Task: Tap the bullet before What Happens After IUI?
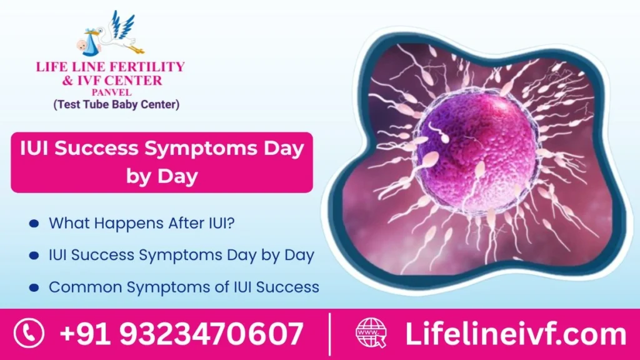point(34,222)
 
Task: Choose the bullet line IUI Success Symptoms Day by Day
point(181,255)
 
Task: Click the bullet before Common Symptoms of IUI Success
point(34,287)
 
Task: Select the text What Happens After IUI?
point(142,222)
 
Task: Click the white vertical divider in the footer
point(329,334)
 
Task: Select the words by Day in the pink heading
point(162,176)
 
